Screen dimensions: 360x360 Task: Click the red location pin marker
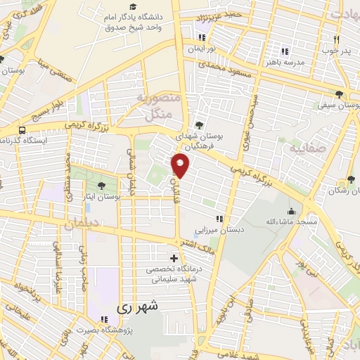coord(181,166)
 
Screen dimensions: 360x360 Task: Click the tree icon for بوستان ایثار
coord(103,186)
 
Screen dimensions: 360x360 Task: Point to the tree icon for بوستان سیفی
coord(340,94)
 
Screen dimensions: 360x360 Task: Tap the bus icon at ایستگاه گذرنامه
coord(23,130)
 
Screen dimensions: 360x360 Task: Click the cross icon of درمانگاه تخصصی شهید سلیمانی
coord(174,258)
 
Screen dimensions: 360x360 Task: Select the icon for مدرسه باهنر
coord(285,51)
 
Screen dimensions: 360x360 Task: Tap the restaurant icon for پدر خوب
coord(336,39)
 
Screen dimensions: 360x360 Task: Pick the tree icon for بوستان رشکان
coord(351,180)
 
